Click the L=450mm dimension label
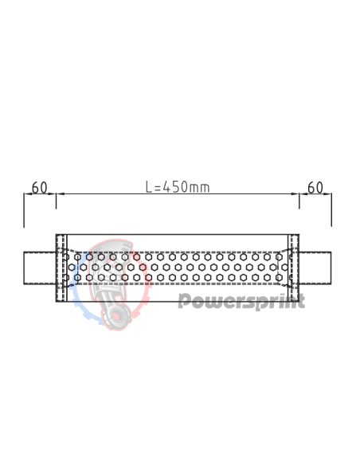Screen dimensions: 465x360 click(177, 187)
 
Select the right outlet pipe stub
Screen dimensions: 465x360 click(315, 268)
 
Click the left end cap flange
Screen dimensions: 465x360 click(61, 268)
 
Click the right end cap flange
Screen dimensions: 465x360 click(294, 268)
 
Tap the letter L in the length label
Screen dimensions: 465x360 click(149, 187)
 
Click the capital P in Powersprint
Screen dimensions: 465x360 click(183, 300)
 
